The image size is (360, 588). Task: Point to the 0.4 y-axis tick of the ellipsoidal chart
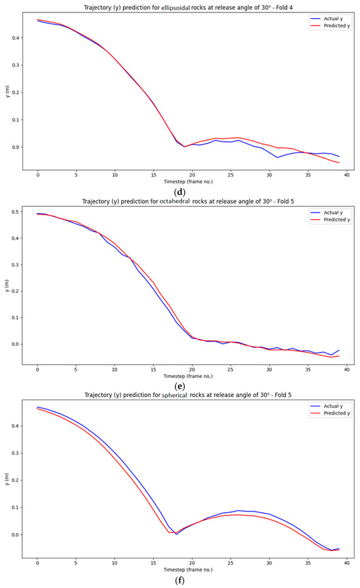coord(15,37)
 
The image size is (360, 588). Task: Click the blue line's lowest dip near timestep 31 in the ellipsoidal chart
coord(277,158)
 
